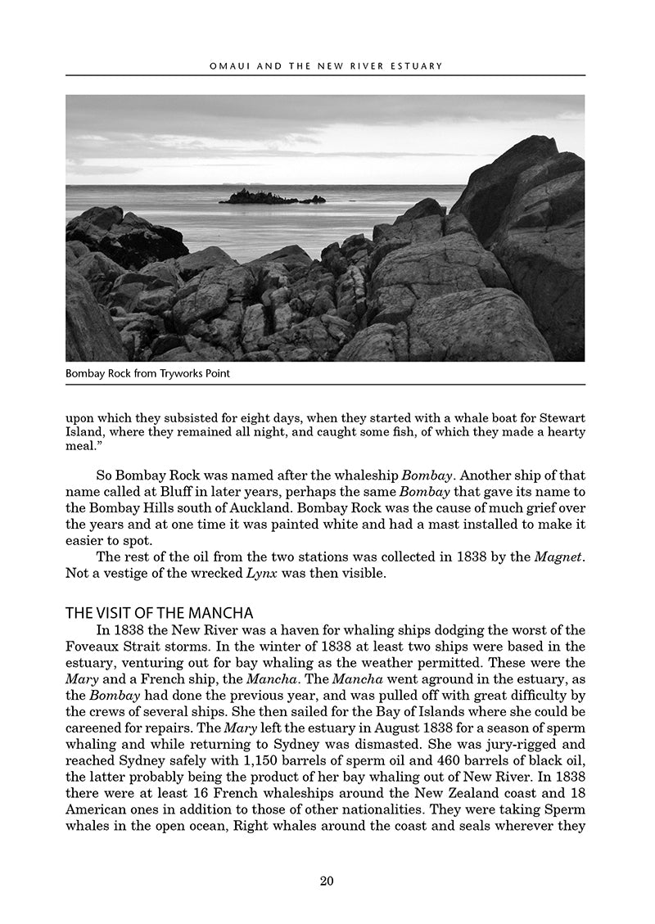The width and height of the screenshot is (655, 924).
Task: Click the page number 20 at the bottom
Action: (327, 881)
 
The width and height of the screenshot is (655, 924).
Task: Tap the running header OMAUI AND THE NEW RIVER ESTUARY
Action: (326, 65)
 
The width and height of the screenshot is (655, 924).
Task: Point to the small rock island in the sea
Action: (270, 196)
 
